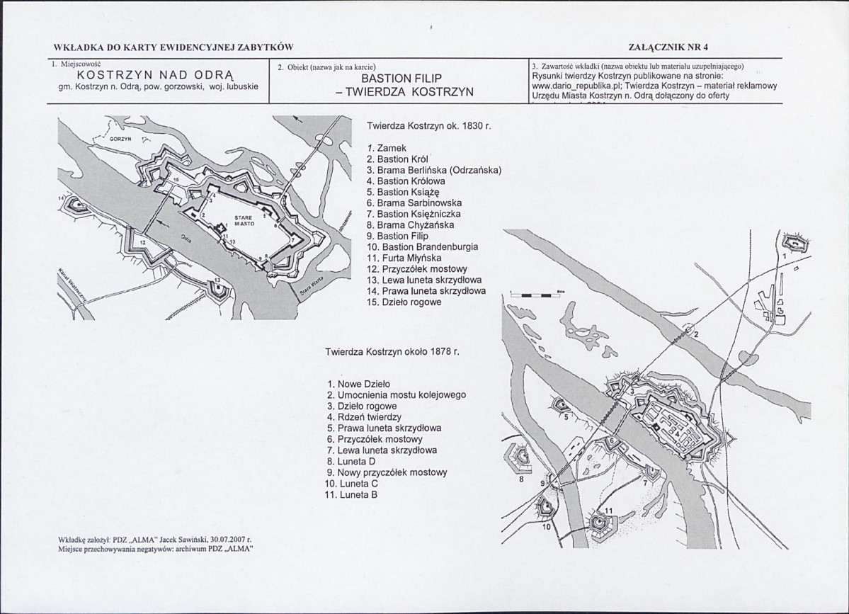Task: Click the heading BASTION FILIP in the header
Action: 401,79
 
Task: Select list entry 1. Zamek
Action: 387,148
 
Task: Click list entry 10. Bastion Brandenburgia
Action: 423,247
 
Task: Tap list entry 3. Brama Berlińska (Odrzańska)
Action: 434,170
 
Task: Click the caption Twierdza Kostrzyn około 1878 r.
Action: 393,351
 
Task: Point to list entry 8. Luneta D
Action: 351,461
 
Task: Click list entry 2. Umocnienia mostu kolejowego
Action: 397,395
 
